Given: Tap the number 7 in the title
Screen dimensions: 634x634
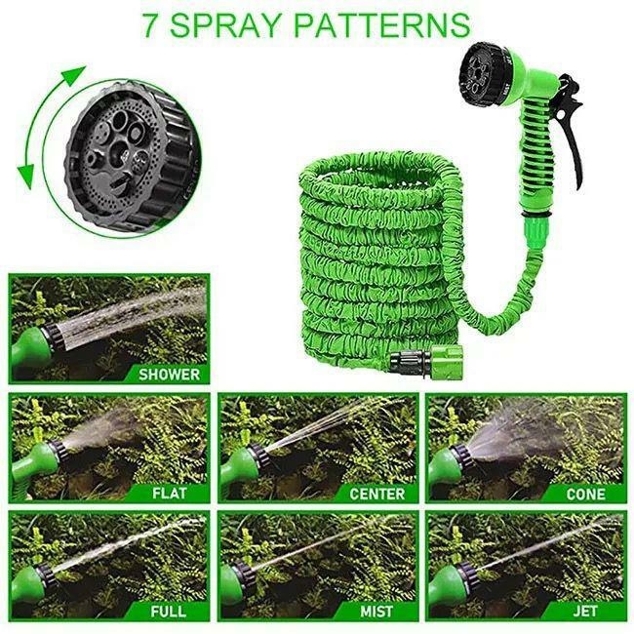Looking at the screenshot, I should [x=150, y=24].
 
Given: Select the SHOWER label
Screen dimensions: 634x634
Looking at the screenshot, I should [x=169, y=374].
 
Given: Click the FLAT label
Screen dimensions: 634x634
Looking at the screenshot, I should [x=169, y=494].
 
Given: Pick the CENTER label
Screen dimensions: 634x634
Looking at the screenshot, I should [x=376, y=494].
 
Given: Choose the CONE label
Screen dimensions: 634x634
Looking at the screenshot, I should [x=585, y=494].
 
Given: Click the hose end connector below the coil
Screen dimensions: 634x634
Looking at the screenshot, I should [x=419, y=358].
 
